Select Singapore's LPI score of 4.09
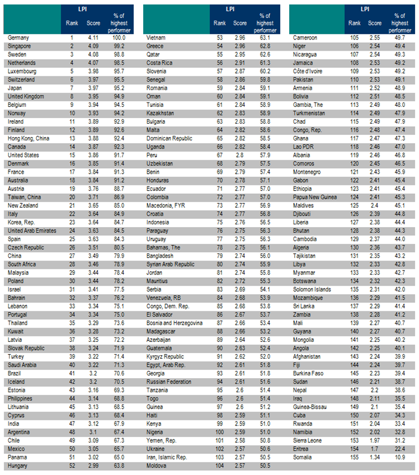[93, 46]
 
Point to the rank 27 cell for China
[72, 255]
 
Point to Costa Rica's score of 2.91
[240, 62]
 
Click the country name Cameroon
[305, 37]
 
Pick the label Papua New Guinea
[316, 196]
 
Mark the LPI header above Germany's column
[94, 9]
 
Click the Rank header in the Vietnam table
[220, 23]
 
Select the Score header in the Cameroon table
[374, 23]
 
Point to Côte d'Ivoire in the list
[309, 71]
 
